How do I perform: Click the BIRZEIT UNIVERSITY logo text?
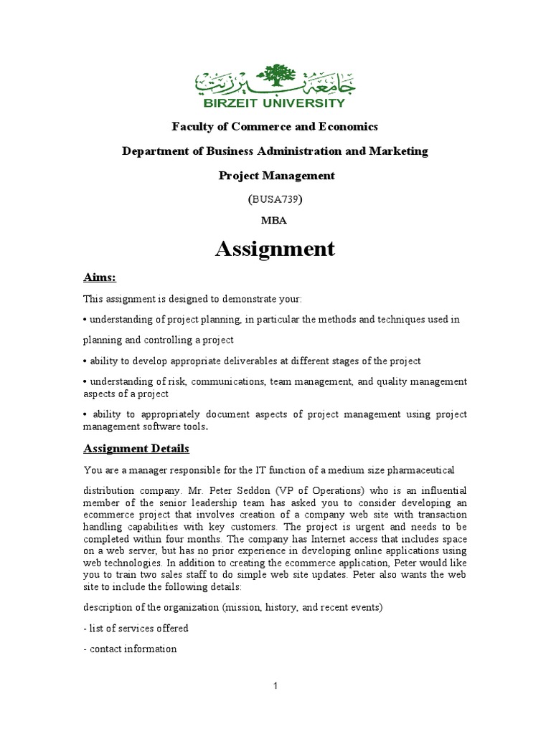tap(275, 103)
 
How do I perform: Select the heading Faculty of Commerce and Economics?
tap(275, 127)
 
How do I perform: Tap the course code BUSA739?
tap(275, 199)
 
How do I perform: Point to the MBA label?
tap(275, 221)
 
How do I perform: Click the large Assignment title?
tap(275, 249)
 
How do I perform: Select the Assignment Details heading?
tap(136, 448)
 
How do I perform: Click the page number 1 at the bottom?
tap(275, 686)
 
